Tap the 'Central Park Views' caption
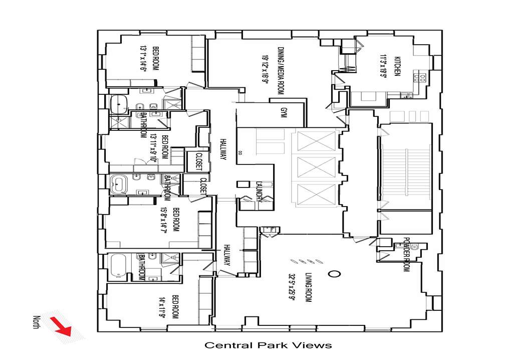pyautogui.click(x=268, y=345)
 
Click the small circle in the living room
pyautogui.click(x=333, y=274)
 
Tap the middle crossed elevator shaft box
pyautogui.click(x=316, y=167)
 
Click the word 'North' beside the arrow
pyautogui.click(x=36, y=322)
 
